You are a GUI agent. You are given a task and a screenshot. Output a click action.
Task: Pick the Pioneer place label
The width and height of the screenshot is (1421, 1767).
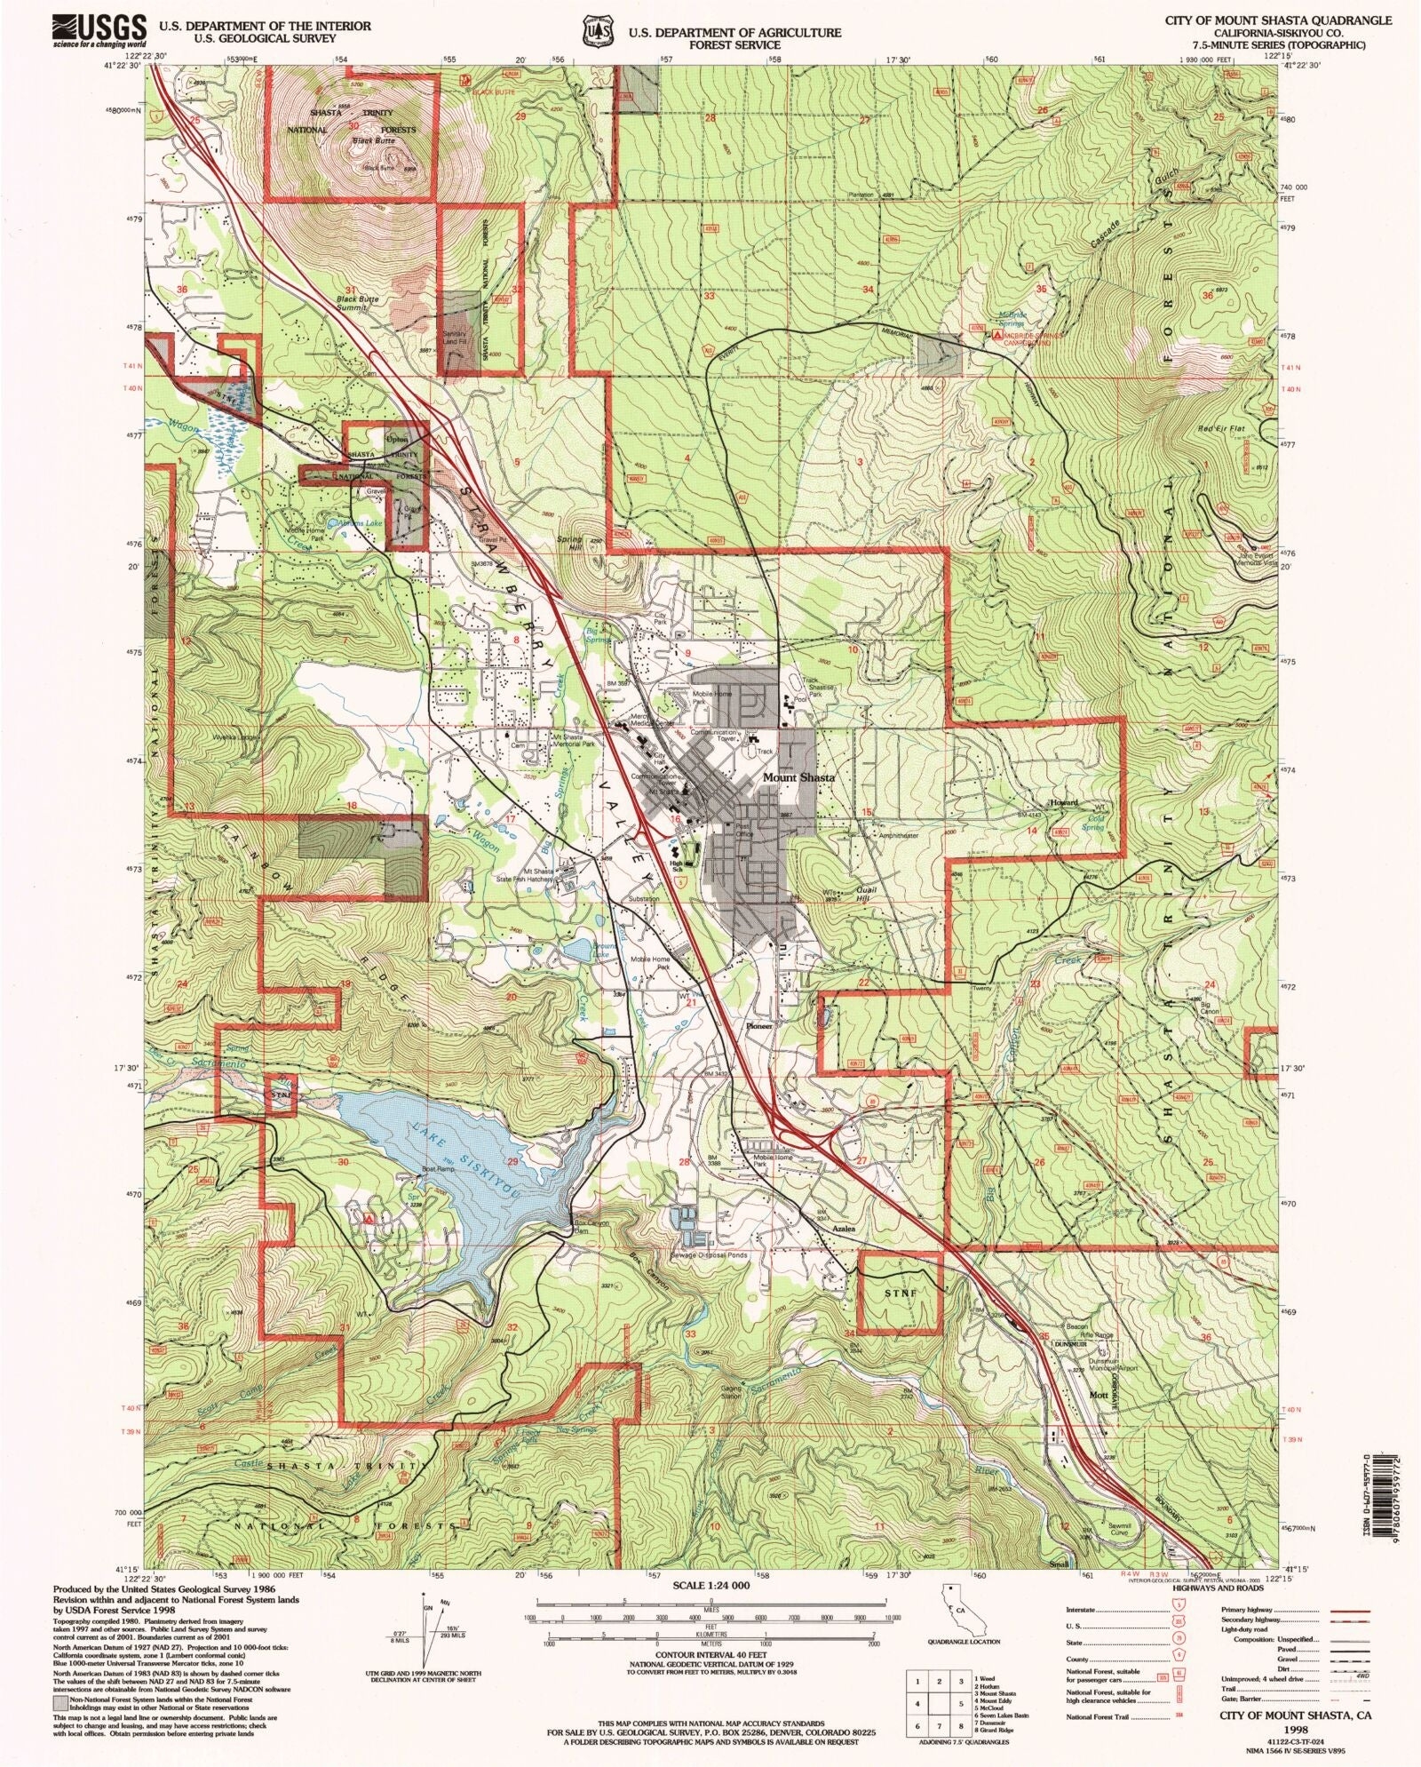tap(759, 1025)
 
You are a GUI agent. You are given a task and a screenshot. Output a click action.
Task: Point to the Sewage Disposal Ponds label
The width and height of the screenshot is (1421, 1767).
tap(710, 1255)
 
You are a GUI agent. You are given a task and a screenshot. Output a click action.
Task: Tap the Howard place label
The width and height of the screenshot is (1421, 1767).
tap(1064, 802)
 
